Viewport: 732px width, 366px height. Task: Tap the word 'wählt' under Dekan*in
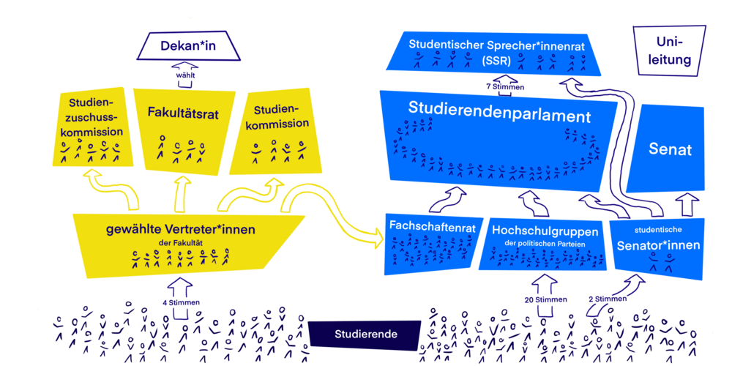tap(185, 75)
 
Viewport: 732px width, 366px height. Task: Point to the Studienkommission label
tap(281, 117)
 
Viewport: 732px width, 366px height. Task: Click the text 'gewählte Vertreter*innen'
tap(181, 229)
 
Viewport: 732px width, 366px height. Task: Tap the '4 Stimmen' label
tap(182, 302)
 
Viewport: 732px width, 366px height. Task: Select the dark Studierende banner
tap(366, 335)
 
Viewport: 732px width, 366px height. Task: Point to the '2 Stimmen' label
tap(608, 299)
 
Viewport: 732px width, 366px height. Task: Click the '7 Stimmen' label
tap(504, 86)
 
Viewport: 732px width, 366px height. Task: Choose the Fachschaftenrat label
tap(433, 227)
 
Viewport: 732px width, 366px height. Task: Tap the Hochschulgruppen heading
tap(545, 230)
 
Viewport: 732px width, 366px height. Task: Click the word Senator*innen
tap(658, 245)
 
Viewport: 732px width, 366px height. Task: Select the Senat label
tap(670, 150)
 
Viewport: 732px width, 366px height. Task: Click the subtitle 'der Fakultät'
tap(180, 242)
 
